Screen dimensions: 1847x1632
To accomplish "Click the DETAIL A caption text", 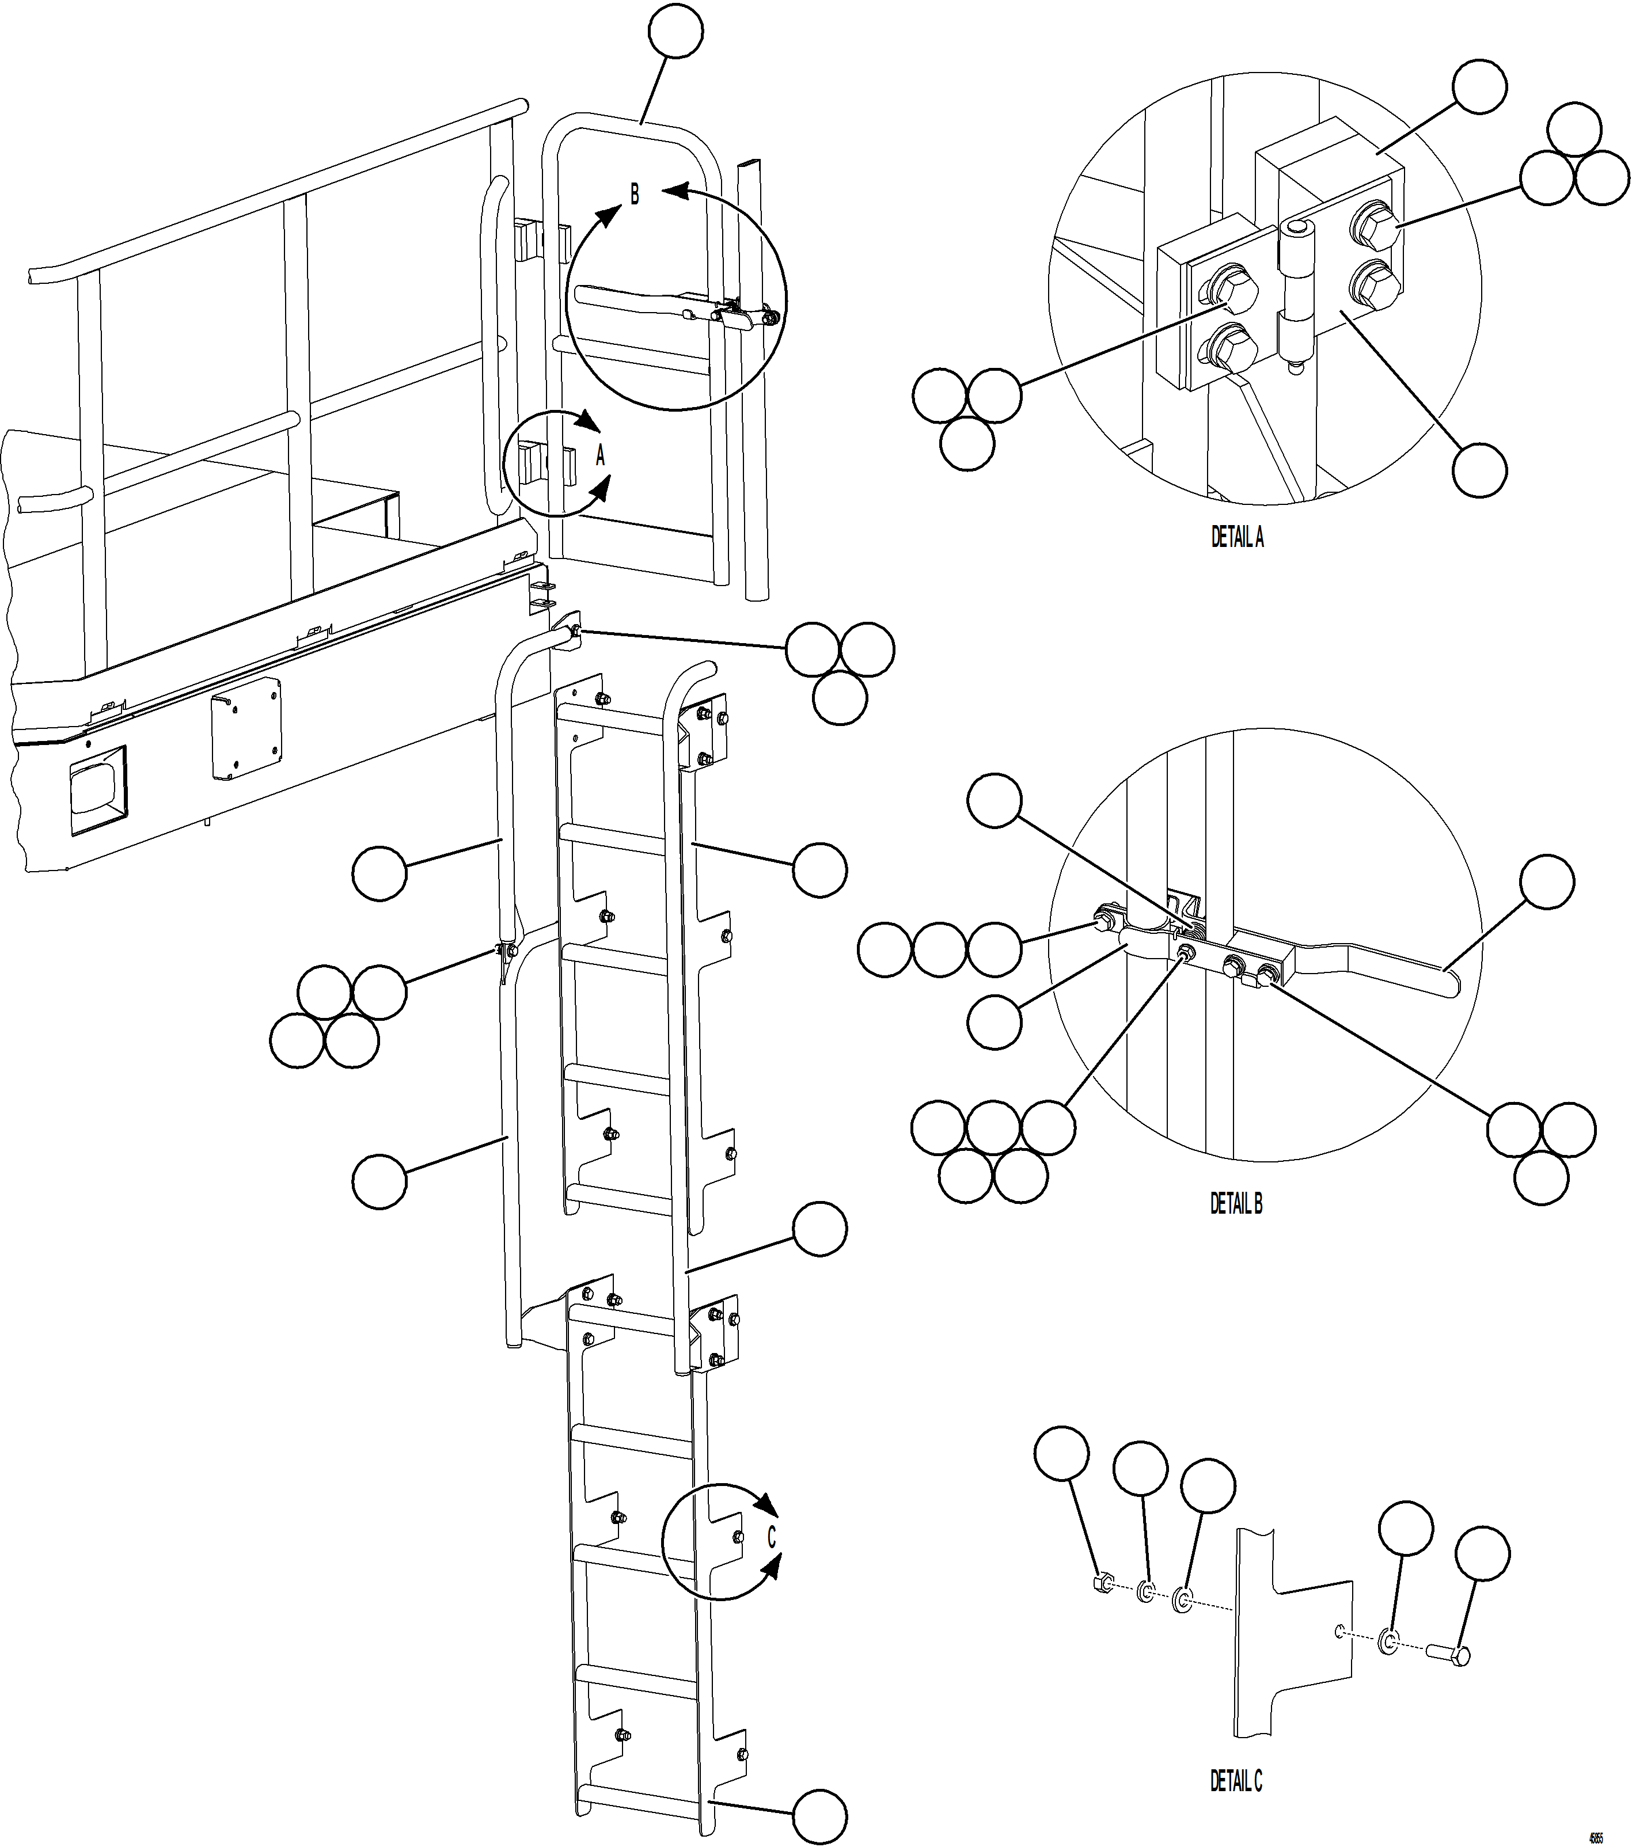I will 1237,538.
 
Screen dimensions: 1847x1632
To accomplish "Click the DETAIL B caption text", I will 1236,1204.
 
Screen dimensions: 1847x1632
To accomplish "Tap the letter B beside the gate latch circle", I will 635,194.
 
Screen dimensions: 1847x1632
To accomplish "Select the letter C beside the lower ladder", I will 772,1537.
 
